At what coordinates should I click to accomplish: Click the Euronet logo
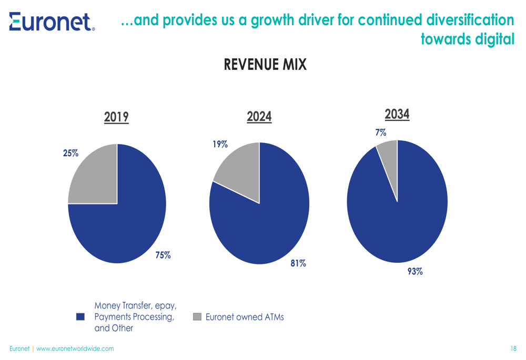[x=52, y=22]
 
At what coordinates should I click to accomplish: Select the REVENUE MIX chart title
[x=265, y=65]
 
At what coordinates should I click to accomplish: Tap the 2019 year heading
[x=116, y=117]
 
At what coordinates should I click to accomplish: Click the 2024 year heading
[x=259, y=117]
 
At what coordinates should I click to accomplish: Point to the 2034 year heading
[x=397, y=114]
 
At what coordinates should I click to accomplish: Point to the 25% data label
[x=70, y=153]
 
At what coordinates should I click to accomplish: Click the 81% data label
[x=298, y=263]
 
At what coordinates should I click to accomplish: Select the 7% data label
[x=381, y=133]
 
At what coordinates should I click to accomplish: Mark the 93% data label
[x=415, y=272]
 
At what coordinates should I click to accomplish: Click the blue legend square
[x=80, y=317]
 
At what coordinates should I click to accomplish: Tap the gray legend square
[x=197, y=317]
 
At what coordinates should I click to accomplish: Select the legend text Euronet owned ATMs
[x=245, y=317]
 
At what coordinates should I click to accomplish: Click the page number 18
[x=513, y=348]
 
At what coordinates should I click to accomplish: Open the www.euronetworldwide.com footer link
[x=75, y=348]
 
